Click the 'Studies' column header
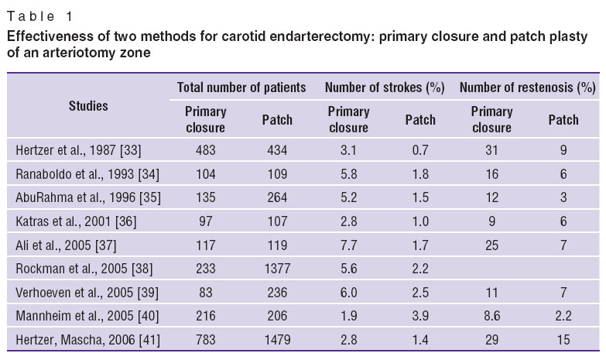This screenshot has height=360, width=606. (88, 105)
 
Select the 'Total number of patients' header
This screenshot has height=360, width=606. (241, 87)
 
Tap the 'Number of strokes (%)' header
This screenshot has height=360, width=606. (385, 87)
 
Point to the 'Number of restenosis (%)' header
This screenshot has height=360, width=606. (528, 87)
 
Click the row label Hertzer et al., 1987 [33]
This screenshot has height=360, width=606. (78, 150)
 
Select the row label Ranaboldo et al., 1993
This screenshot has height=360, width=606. (87, 174)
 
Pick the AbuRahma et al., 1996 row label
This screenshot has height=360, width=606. (88, 197)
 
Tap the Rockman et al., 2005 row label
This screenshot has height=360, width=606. (84, 269)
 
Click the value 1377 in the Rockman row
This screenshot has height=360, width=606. (277, 269)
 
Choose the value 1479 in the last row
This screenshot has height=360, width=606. (277, 340)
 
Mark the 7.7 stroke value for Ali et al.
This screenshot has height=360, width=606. (348, 245)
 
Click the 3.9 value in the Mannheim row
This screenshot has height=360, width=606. (420, 316)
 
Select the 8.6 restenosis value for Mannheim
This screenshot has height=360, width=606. (491, 316)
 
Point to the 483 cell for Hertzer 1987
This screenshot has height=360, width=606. (205, 150)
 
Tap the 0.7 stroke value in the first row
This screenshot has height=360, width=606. (420, 150)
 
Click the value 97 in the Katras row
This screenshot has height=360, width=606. (205, 221)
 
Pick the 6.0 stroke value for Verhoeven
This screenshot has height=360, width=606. (348, 293)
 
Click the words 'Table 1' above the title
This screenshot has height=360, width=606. (39, 16)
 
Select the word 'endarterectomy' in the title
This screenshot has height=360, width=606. (323, 36)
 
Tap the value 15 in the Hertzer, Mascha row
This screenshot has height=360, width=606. (563, 340)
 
